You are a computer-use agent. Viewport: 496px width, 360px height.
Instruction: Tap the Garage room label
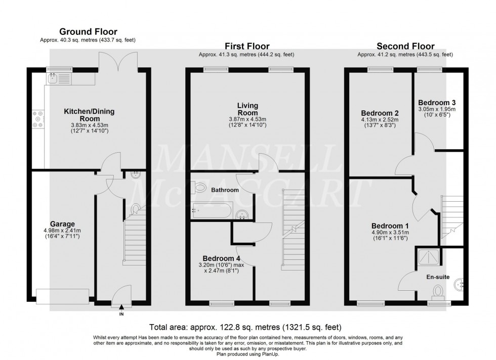62,224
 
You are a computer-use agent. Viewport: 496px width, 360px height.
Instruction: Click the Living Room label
247,109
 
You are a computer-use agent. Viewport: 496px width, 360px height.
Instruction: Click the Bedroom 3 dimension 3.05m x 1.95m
437,109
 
